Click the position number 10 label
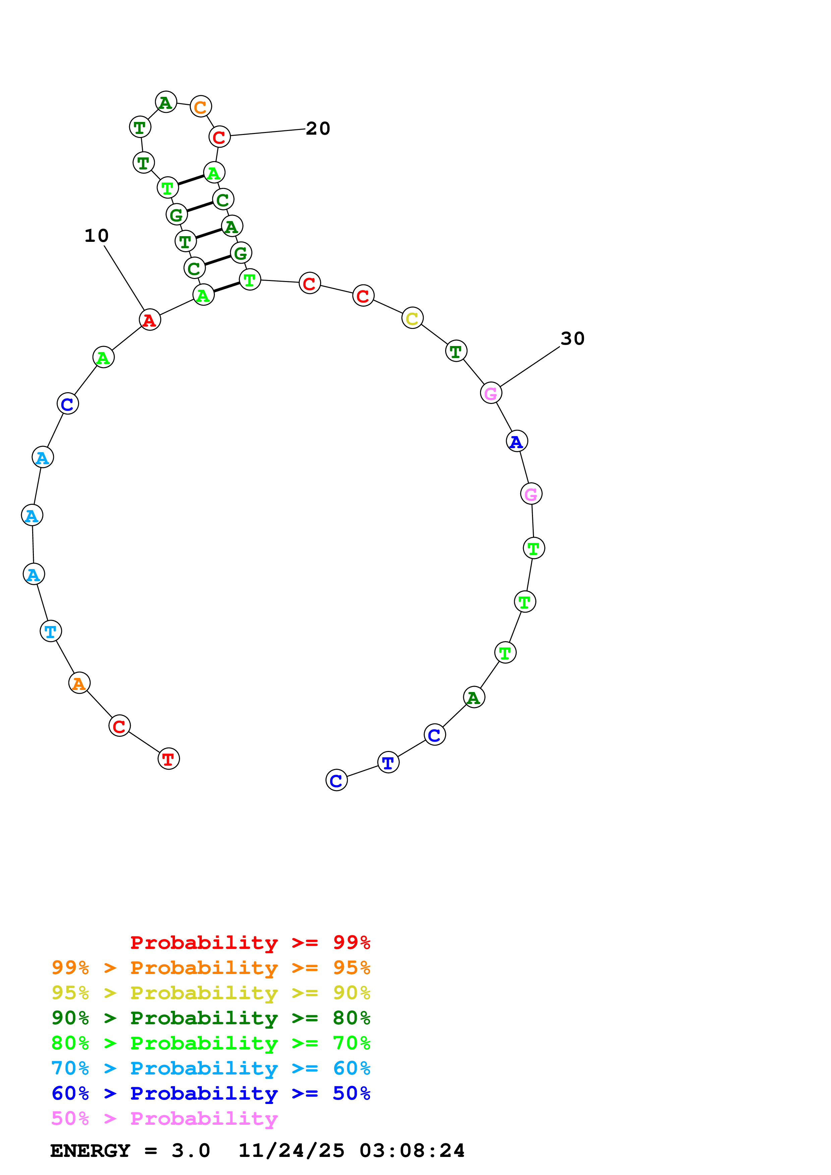tap(96, 236)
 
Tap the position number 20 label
tap(318, 128)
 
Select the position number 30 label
tap(573, 338)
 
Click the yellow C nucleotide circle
tap(412, 318)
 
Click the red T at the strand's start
tap(169, 759)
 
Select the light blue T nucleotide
tap(51, 631)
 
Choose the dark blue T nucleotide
tap(388, 763)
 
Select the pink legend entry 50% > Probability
tap(164, 1119)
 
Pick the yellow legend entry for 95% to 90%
tap(211, 993)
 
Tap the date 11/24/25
tap(291, 1151)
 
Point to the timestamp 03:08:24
tap(412, 1151)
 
